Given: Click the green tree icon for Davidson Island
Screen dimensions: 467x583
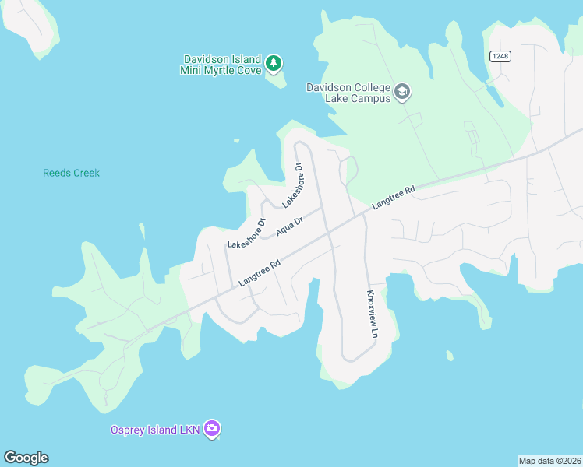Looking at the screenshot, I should [273, 63].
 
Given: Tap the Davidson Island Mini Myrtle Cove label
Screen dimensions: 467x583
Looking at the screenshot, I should [223, 64].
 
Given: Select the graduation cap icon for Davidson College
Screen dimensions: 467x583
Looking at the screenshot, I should [402, 93].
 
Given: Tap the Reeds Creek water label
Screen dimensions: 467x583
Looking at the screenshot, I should [71, 173].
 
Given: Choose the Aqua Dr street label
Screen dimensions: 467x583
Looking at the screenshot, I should [288, 226].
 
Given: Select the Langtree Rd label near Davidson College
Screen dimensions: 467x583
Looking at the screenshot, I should [394, 197].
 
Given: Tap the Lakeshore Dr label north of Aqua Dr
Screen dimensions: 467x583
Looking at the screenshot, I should [292, 185].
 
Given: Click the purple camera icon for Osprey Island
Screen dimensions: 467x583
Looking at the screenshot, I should [213, 429].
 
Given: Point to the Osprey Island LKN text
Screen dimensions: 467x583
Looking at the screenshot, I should [155, 430].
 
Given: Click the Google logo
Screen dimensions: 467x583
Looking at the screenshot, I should [26, 458].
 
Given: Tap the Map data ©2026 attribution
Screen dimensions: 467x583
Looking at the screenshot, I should [549, 460].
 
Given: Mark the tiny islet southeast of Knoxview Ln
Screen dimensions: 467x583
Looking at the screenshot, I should [450, 356].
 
